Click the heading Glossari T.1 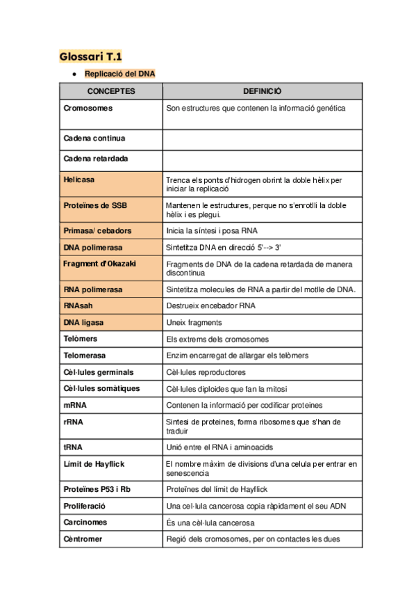coord(90,56)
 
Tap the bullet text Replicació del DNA coord(120,74)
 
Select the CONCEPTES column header coord(111,91)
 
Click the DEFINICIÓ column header coord(262,91)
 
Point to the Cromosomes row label coord(88,109)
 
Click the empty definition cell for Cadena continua coord(262,139)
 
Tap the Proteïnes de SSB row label coord(95,205)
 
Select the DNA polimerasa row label coord(92,247)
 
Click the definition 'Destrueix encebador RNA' coord(210,306)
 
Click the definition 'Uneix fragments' coord(194,323)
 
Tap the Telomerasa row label coord(85,356)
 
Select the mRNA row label coord(74,405)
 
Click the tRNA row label coord(73,447)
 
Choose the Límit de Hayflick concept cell coord(94,463)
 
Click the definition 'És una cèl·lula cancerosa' coord(210,523)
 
